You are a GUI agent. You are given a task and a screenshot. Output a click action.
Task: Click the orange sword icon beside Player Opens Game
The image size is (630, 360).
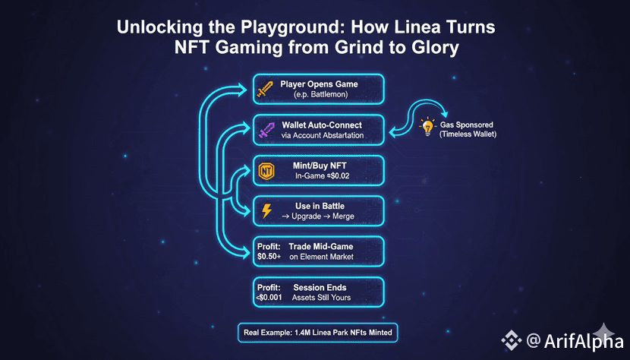pos(265,88)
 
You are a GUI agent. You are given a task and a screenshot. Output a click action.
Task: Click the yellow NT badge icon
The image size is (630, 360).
pos(266,170)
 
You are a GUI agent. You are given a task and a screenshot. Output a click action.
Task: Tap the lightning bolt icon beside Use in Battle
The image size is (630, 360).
pos(266,211)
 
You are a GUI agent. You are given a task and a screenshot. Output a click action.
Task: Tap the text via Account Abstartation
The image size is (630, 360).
pos(322,135)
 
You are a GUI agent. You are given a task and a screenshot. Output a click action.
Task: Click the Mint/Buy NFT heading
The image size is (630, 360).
pos(319,164)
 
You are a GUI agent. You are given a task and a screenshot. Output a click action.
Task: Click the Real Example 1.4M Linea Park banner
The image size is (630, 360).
pos(317,333)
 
